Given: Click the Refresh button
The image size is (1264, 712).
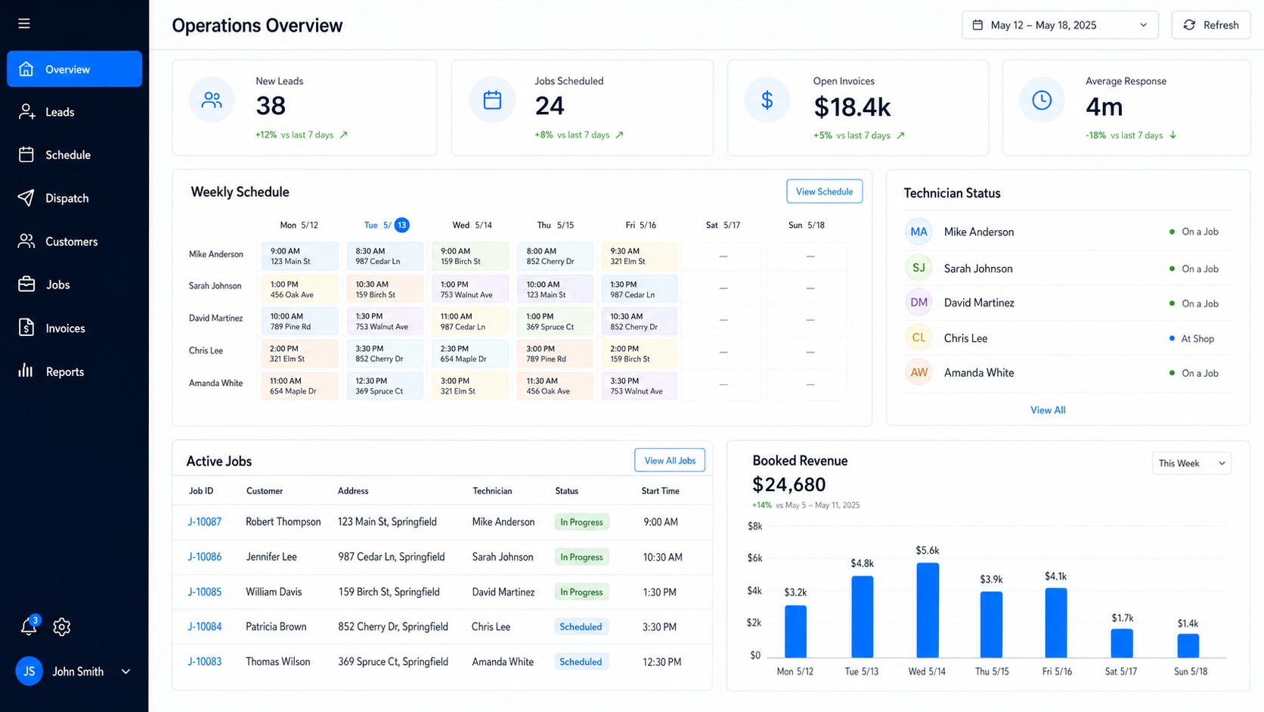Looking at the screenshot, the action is (x=1211, y=25).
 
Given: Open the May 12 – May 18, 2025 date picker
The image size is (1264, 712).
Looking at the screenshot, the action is (x=1060, y=25).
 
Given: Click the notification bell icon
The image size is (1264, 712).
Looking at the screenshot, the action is (x=29, y=626).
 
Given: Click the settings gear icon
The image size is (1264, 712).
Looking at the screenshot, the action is (x=61, y=626).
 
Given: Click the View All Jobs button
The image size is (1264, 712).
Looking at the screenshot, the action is (x=670, y=460).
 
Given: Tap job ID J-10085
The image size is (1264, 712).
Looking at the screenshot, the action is (x=204, y=592).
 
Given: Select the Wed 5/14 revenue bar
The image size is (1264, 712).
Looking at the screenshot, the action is (x=928, y=611).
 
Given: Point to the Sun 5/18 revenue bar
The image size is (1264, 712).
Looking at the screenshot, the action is (x=1188, y=646).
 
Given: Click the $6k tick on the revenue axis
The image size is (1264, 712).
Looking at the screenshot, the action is (x=754, y=558).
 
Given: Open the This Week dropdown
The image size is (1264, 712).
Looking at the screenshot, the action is (x=1191, y=463).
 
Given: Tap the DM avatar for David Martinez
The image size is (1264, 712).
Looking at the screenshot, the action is (x=919, y=302).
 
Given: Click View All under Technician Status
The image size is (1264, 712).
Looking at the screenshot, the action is (x=1048, y=410).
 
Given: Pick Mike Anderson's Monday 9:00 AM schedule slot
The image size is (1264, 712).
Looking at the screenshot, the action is (x=299, y=257).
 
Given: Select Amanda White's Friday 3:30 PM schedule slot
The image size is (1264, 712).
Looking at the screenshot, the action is (x=639, y=386).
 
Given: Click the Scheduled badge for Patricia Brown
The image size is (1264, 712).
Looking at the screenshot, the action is (x=581, y=626).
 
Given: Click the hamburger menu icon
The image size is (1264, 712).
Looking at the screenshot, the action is (x=23, y=23).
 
